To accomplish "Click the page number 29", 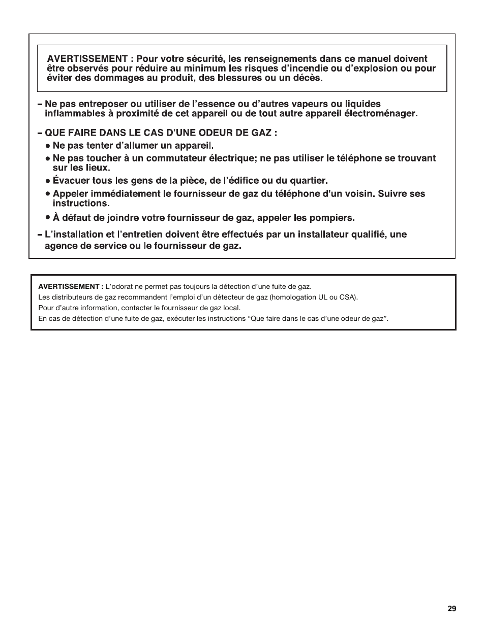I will (452, 609).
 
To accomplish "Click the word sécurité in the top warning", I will (200, 59).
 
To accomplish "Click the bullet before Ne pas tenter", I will (47, 145).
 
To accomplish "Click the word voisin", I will (351, 193).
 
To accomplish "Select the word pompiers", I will (334, 218).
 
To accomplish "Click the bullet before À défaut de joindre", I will (47, 218).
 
